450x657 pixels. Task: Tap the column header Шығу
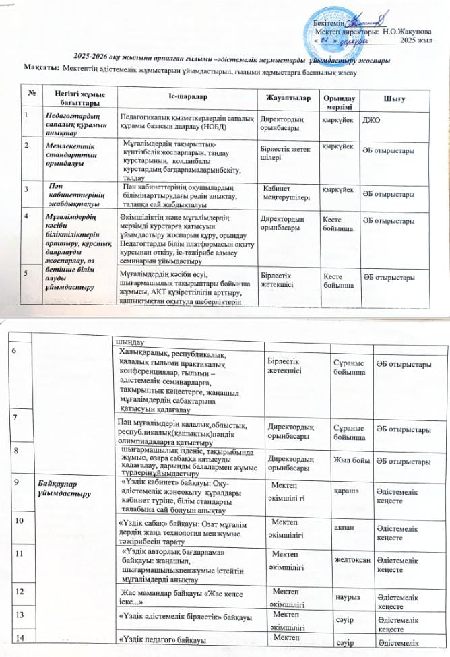pos(393,100)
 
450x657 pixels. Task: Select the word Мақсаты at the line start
pos(41,73)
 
